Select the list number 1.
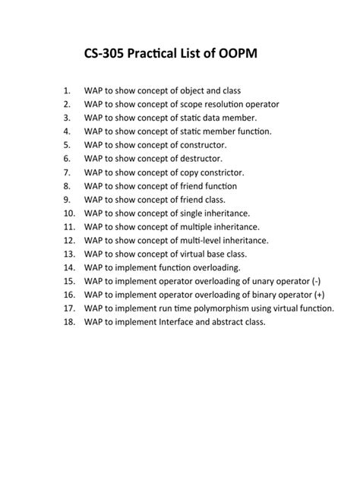pyautogui.click(x=67, y=90)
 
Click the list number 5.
pyautogui.click(x=67, y=145)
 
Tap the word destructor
pyautogui.click(x=200, y=159)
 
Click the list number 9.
pyautogui.click(x=67, y=200)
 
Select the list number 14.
pyautogui.click(x=69, y=268)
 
